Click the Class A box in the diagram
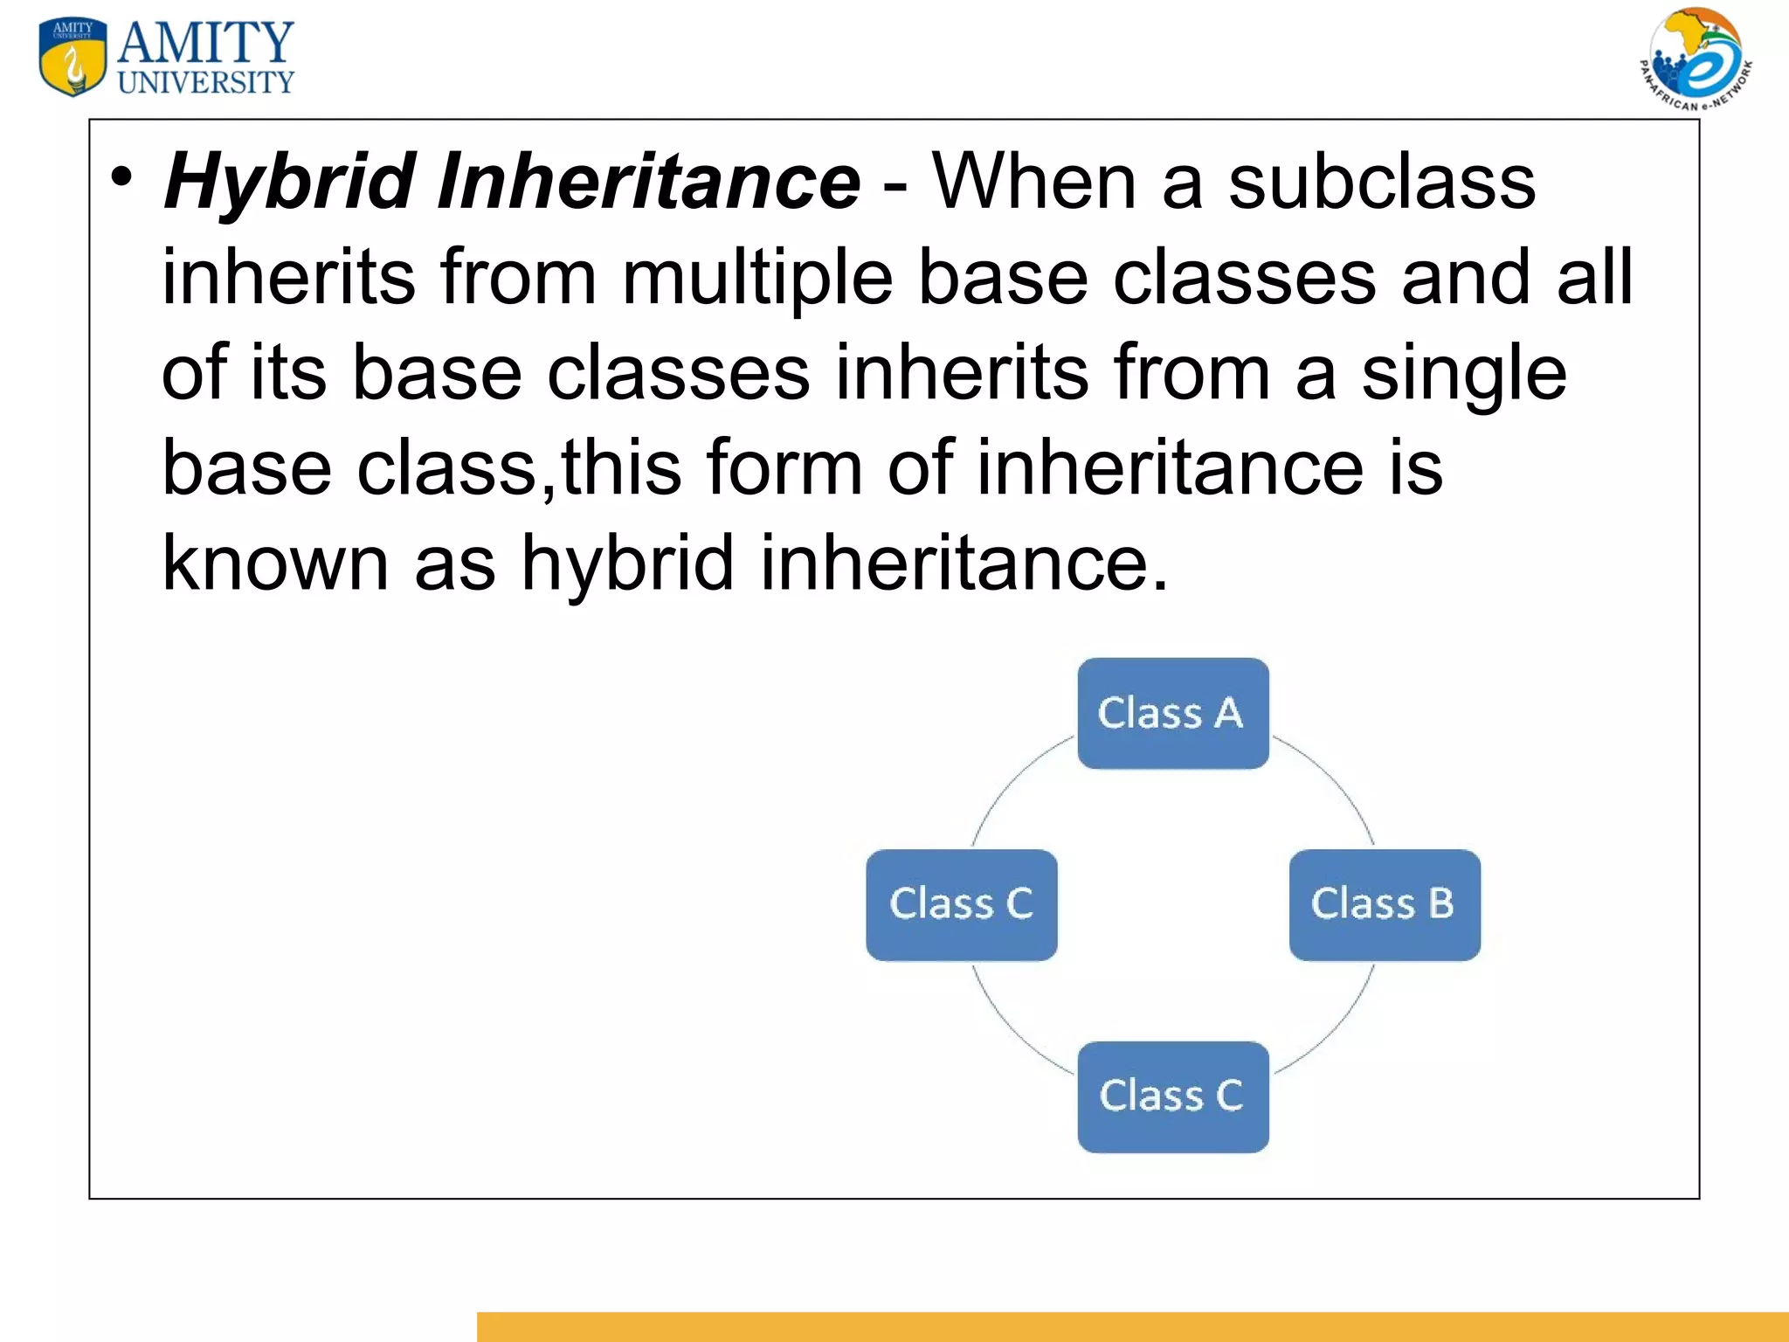(1172, 713)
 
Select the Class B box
(1385, 904)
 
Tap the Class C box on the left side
(961, 904)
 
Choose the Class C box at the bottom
(1172, 1096)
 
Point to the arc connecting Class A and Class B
(1337, 782)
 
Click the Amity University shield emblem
(73, 56)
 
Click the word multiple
(756, 278)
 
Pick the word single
(1464, 373)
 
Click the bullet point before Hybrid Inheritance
(122, 178)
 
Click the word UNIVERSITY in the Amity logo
(206, 83)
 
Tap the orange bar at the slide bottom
(1132, 1326)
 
